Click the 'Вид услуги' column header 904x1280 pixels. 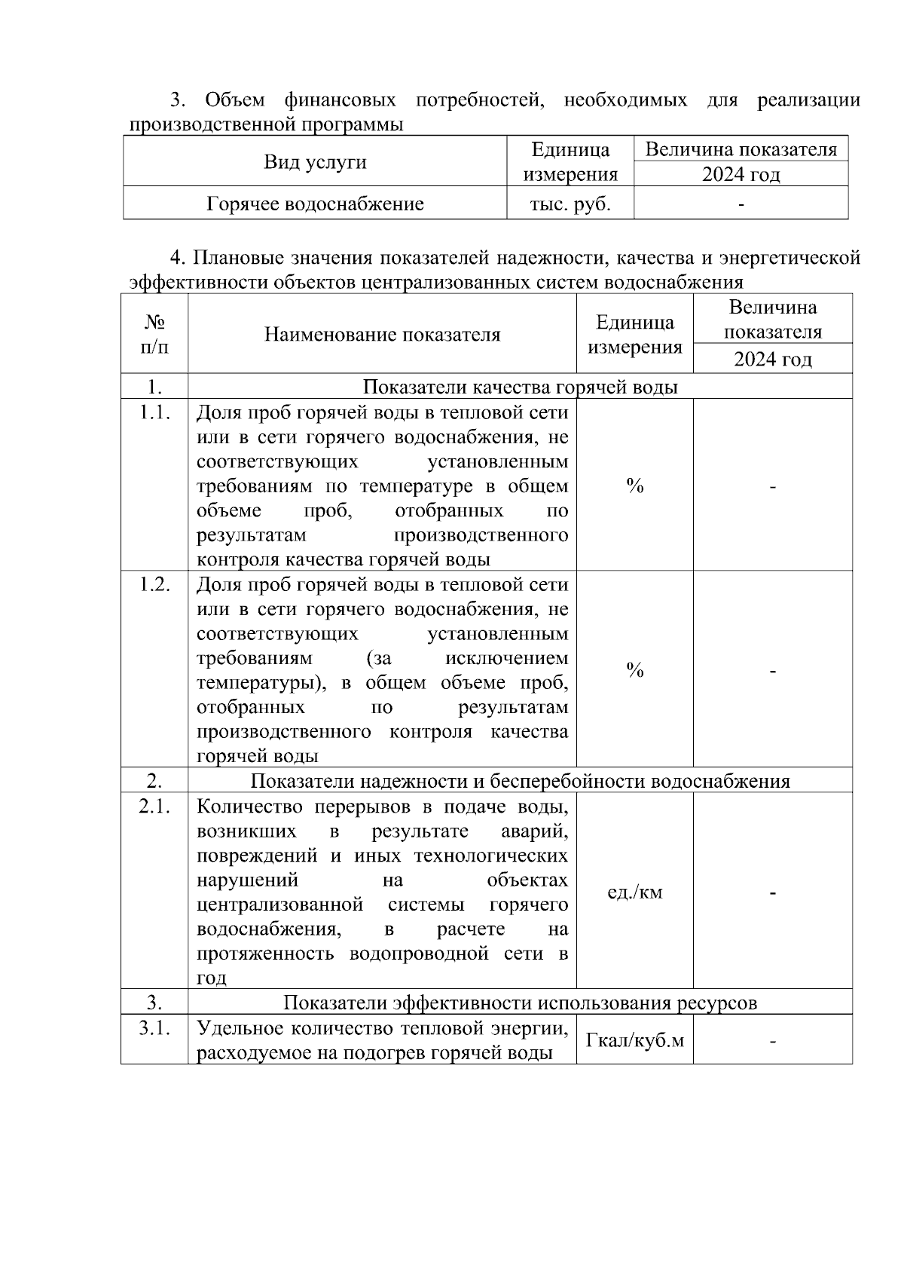point(315,162)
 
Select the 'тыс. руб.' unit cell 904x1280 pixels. point(570,204)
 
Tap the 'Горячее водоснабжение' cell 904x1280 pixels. point(315,204)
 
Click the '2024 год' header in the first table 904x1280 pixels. point(741,175)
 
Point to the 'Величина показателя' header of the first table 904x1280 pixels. point(741,149)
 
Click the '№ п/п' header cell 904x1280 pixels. point(154,334)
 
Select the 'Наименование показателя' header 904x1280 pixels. point(382,334)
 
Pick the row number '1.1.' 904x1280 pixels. point(154,412)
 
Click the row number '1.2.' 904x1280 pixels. point(154,585)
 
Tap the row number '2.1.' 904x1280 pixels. point(154,807)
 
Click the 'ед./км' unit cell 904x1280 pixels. point(634,893)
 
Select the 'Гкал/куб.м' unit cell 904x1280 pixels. point(634,1040)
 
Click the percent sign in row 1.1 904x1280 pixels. point(634,486)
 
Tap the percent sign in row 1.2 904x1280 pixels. point(634,670)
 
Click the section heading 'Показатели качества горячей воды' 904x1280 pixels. point(520,387)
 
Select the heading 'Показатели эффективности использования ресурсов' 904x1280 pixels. point(520,1003)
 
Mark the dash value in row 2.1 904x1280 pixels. point(773,893)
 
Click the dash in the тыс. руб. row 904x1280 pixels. point(741,204)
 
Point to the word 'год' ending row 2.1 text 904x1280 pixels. point(212,978)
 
